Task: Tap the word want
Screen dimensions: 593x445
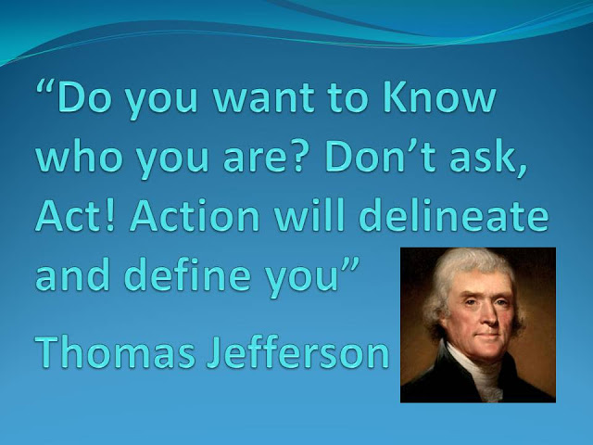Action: point(263,97)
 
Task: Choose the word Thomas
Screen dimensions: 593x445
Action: point(115,350)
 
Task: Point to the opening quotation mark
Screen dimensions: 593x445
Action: point(45,86)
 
